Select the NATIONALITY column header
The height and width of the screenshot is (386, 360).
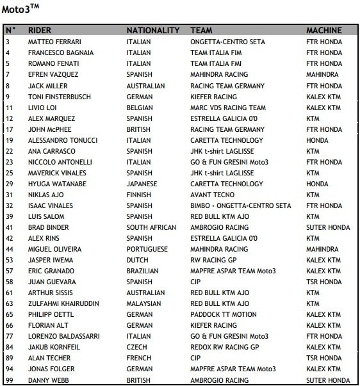[153, 31]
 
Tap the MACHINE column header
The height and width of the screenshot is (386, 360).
[324, 31]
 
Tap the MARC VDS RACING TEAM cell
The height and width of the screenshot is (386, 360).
[228, 108]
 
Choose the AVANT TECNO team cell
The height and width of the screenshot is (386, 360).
[213, 195]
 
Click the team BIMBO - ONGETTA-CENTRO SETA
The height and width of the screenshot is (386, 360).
[241, 205]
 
